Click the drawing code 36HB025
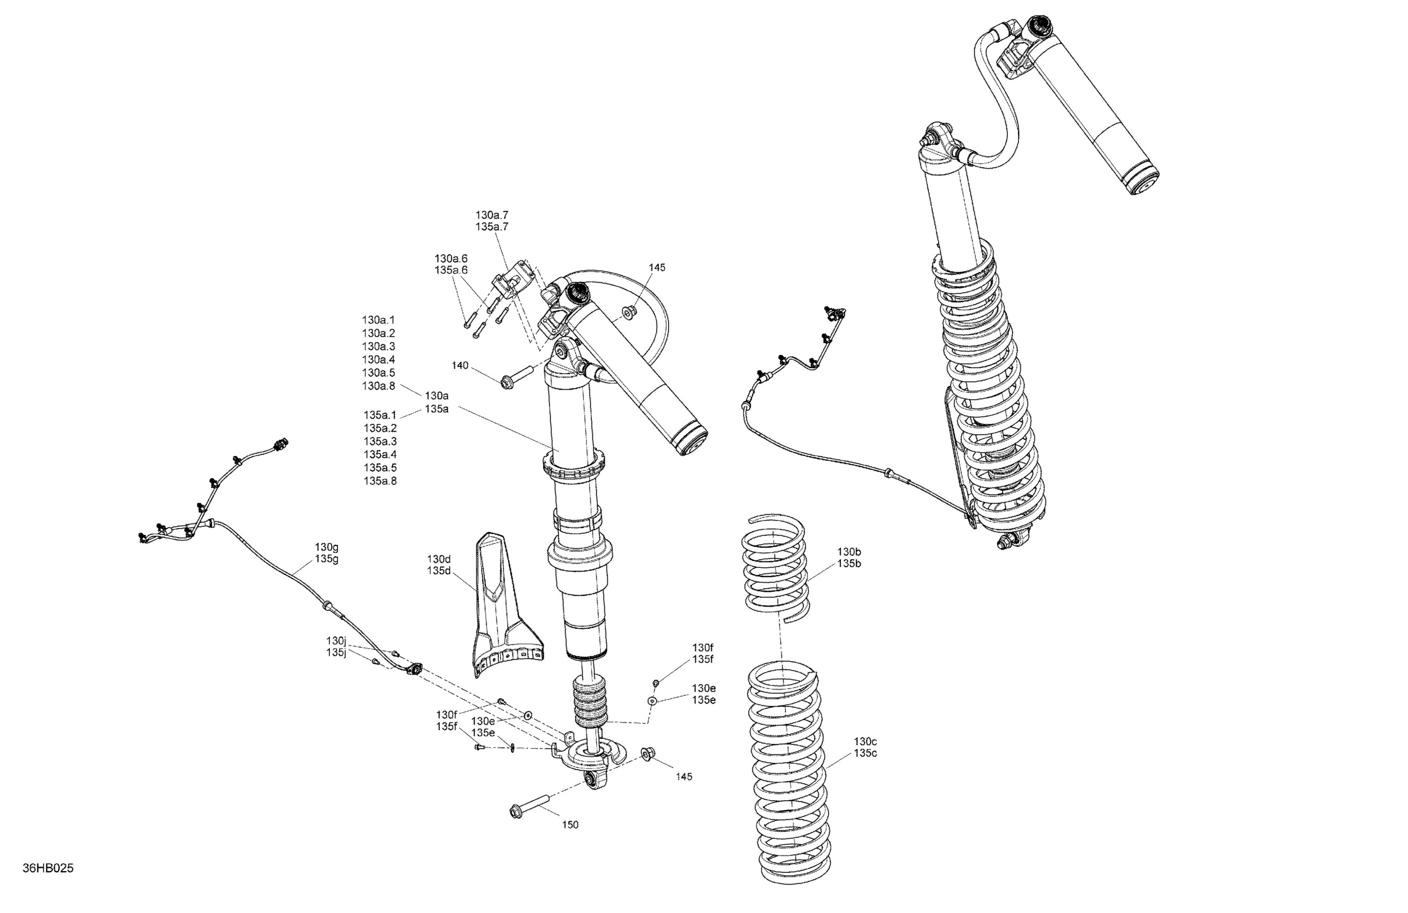[48, 868]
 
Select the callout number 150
[570, 825]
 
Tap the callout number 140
[460, 366]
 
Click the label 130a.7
[491, 215]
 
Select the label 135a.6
[451, 270]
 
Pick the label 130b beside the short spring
[849, 552]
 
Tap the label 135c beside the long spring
[865, 753]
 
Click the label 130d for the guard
[439, 559]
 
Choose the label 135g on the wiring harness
[326, 559]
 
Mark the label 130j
[336, 641]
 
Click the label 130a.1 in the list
[379, 320]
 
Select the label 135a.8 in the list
[380, 481]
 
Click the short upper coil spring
[774, 568]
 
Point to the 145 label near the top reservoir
[657, 267]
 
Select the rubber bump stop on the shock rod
[589, 709]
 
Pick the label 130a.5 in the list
[379, 373]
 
